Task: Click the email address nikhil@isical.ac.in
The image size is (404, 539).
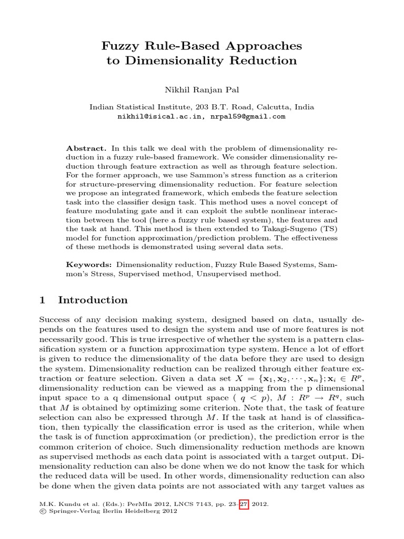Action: tap(158, 116)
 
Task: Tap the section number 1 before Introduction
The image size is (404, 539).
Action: tap(43, 300)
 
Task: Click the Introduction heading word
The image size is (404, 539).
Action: tap(93, 300)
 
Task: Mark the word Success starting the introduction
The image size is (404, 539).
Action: tap(55, 320)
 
